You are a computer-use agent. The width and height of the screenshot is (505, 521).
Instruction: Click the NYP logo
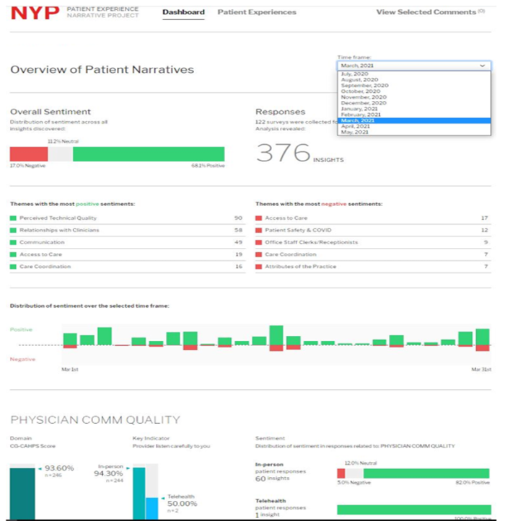coord(34,13)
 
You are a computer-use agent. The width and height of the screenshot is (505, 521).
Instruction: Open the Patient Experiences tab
coord(256,12)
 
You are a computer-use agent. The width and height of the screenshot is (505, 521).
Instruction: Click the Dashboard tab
coord(183,12)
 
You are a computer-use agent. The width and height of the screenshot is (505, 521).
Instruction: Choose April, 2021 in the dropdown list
coord(354,125)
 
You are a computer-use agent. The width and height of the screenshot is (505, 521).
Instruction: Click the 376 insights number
coord(284,153)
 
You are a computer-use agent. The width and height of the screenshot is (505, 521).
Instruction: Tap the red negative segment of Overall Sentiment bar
coord(28,154)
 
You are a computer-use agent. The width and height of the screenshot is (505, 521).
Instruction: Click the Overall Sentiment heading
coord(50,112)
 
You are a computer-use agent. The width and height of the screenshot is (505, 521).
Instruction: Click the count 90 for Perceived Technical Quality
coord(238,218)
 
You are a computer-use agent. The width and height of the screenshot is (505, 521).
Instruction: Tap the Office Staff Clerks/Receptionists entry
coord(311,242)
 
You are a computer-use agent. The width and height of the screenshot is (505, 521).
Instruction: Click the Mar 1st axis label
coord(70,369)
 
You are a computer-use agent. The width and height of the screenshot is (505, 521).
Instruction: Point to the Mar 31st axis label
coord(480,369)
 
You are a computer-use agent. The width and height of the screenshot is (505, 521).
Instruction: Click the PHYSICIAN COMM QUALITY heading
coord(95,419)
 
